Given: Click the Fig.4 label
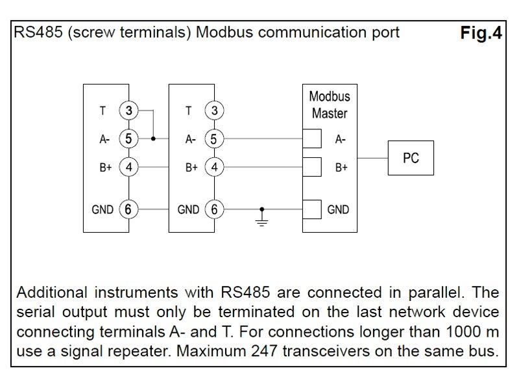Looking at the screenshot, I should [x=481, y=34].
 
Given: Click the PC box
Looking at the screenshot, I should [x=411, y=157].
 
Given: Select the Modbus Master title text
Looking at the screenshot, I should [x=330, y=105].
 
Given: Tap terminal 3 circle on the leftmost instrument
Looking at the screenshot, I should [x=129, y=111].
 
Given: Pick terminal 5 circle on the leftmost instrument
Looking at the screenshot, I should [x=129, y=139].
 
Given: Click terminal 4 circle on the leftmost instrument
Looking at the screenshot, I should [x=129, y=167].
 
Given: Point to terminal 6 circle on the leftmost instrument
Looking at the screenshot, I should [x=129, y=209].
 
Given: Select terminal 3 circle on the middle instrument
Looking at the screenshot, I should [x=214, y=111].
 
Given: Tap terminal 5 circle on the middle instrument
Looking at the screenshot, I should [x=214, y=139].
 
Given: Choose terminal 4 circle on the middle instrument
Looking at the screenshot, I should [x=214, y=167].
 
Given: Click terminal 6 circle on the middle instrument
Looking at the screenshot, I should [x=214, y=209].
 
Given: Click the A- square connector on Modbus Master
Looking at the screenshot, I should [x=313, y=139].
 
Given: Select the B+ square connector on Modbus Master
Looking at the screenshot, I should [x=313, y=167].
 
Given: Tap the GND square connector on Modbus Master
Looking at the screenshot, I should [x=313, y=209].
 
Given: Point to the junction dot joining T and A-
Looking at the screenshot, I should [x=153, y=139].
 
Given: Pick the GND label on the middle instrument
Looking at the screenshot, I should [x=188, y=209].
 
